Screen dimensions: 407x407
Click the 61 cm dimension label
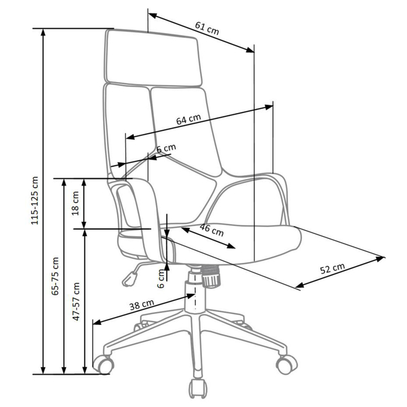(x=207, y=28)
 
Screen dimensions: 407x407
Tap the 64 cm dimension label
(x=189, y=119)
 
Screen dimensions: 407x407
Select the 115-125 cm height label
(x=34, y=200)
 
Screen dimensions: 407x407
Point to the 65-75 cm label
(x=55, y=276)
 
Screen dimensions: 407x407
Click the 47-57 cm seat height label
(x=76, y=301)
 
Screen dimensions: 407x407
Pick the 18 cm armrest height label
(x=75, y=203)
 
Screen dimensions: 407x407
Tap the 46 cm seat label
(x=211, y=230)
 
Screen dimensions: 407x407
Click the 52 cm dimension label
(x=332, y=268)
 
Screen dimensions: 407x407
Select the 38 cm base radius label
(x=142, y=305)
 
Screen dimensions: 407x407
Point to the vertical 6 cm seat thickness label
(x=161, y=279)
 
